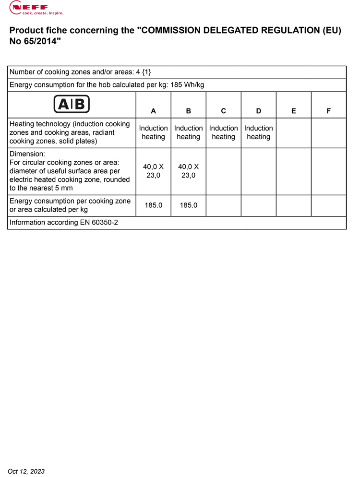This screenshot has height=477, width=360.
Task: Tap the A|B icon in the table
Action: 72,104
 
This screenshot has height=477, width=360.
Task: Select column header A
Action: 153,111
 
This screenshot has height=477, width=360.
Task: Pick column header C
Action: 223,111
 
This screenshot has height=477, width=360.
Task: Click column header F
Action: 328,111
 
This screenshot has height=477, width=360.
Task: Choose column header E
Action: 293,111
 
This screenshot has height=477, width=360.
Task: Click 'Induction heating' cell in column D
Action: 258,132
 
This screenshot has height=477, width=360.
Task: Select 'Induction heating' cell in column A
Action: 153,132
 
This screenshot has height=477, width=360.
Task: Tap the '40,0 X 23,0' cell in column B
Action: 188,171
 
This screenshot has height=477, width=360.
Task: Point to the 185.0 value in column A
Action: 153,205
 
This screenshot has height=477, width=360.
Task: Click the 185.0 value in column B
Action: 188,205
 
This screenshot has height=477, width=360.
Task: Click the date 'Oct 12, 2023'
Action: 26,471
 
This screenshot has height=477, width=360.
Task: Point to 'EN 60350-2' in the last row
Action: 99,223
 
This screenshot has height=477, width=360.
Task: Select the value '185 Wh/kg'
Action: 188,85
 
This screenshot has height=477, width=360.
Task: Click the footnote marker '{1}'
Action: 146,72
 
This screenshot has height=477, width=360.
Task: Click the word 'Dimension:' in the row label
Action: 27,154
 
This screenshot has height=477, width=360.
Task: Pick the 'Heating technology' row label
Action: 70,132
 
